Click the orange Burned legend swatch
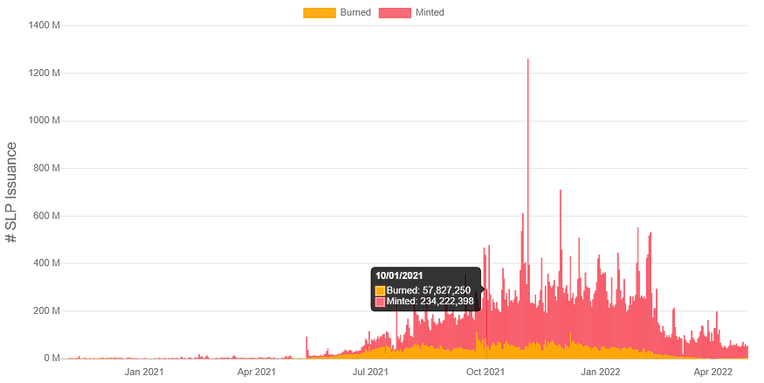(320, 13)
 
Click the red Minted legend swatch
(395, 13)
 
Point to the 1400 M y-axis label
(44, 24)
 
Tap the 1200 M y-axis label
(44, 73)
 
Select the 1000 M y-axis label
(44, 120)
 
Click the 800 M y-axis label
(46, 168)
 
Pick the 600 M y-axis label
(46, 216)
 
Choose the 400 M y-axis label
(46, 263)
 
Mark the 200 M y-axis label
(46, 310)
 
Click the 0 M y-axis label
(52, 359)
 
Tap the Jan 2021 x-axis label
(144, 372)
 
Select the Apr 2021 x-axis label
(257, 372)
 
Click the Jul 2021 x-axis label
(370, 372)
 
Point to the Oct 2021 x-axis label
(485, 372)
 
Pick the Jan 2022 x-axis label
(601, 372)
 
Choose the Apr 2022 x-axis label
(712, 372)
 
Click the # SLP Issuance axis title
(10, 192)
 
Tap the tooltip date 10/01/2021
(399, 275)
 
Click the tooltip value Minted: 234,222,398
(430, 301)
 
